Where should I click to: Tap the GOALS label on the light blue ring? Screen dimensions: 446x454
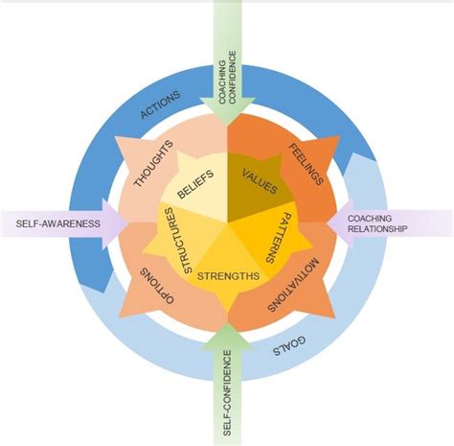290,347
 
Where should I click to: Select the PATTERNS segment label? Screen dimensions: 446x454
271,236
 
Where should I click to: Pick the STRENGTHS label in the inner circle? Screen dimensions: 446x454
227,277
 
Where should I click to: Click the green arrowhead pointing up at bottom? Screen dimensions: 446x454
227,336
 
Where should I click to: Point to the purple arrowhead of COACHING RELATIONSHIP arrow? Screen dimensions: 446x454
337,223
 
